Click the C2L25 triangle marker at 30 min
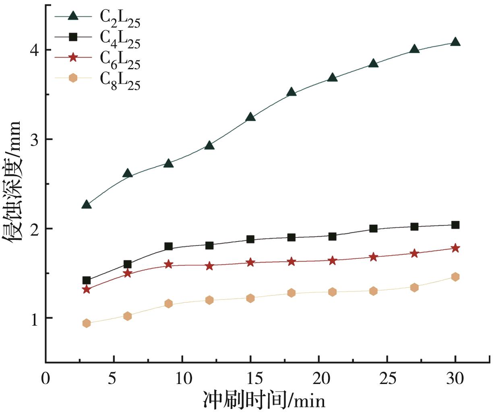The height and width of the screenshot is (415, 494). click(x=455, y=42)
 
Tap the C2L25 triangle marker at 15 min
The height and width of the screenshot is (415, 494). click(x=250, y=117)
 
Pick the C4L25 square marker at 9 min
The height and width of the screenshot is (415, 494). click(x=168, y=246)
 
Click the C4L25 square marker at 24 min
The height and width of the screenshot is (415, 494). click(x=373, y=229)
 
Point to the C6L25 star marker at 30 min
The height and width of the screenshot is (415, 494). click(x=455, y=248)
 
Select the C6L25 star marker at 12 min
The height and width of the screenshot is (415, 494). click(x=209, y=266)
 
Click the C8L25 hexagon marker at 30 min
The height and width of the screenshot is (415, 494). click(x=455, y=277)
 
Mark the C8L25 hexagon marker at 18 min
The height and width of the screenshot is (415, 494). click(x=291, y=293)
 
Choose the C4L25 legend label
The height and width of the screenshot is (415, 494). click(x=120, y=39)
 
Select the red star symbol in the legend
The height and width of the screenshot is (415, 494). click(x=73, y=57)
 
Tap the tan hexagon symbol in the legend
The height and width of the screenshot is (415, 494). click(x=73, y=78)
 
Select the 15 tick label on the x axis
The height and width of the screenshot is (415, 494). click(x=250, y=379)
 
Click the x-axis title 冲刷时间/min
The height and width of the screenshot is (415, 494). click(x=264, y=400)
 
